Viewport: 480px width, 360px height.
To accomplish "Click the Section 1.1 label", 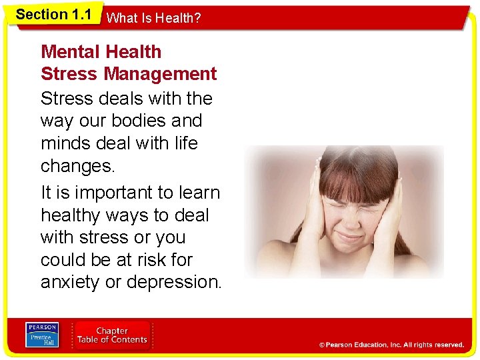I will [x=53, y=15].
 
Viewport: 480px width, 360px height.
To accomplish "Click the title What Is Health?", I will [x=153, y=19].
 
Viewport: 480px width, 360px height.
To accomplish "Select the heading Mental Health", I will [x=101, y=52].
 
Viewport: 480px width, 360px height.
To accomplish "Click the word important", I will [x=110, y=193].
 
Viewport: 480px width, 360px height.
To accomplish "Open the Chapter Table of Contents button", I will [x=112, y=335].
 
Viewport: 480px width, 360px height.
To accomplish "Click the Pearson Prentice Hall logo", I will [x=41, y=335].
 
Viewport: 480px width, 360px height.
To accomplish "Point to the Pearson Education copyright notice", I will [x=391, y=345].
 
